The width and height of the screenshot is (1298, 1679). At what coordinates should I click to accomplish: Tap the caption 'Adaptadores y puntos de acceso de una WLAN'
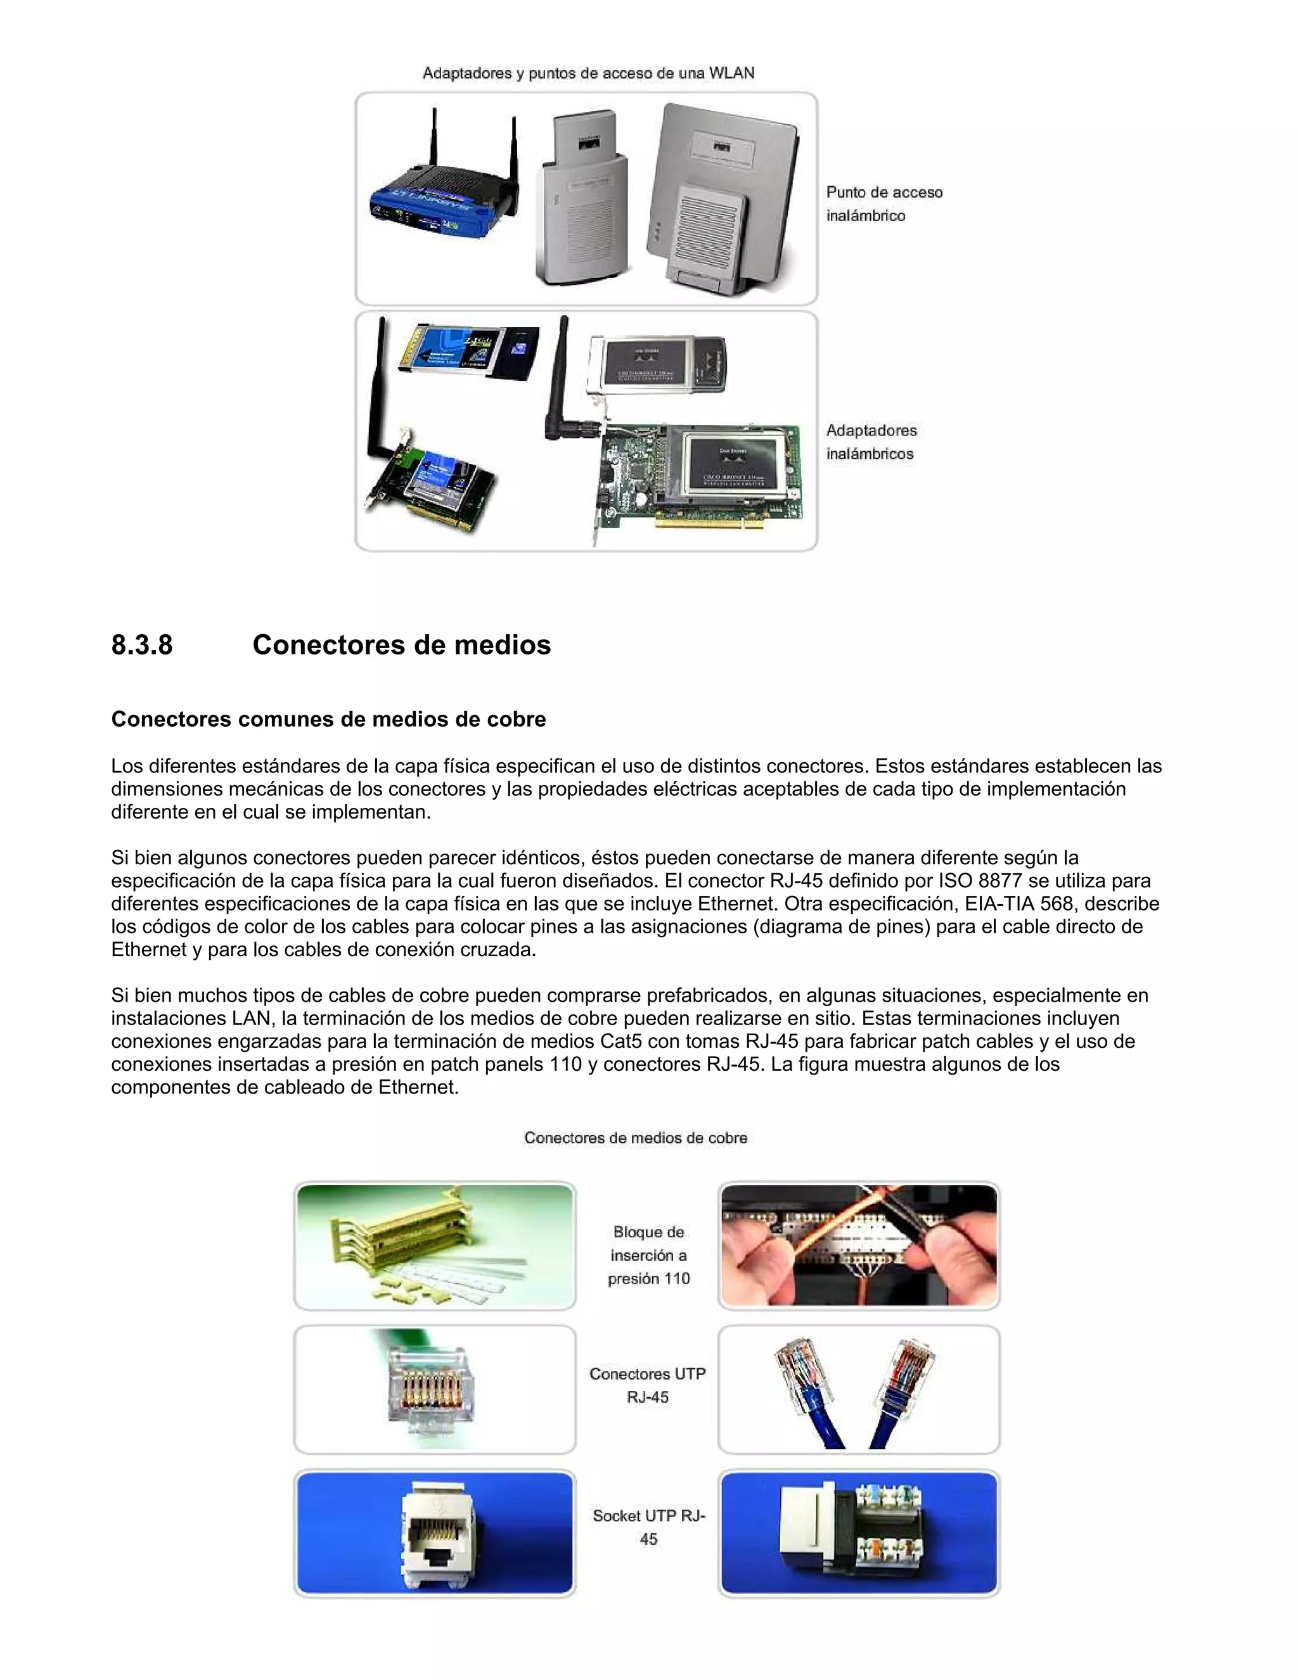588,73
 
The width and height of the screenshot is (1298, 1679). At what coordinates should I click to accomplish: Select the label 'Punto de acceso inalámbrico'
884,204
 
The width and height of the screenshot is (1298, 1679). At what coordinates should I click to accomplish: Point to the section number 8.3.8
142,645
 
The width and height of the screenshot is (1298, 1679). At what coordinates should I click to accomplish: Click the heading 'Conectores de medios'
401,645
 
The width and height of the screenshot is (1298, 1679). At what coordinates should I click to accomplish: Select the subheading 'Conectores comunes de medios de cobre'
328,720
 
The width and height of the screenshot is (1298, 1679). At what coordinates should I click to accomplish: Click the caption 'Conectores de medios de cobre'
635,1138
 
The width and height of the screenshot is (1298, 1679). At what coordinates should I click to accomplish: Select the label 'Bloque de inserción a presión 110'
648,1254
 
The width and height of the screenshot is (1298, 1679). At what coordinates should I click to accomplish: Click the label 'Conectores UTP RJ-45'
648,1385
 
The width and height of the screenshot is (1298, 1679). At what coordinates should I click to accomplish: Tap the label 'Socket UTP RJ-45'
648,1527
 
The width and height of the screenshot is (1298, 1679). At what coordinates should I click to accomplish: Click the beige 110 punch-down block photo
434,1246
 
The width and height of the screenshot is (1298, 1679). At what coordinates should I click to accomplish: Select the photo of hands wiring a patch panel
858,1246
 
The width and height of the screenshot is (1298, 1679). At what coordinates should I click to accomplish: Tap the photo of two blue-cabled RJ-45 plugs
858,1390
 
